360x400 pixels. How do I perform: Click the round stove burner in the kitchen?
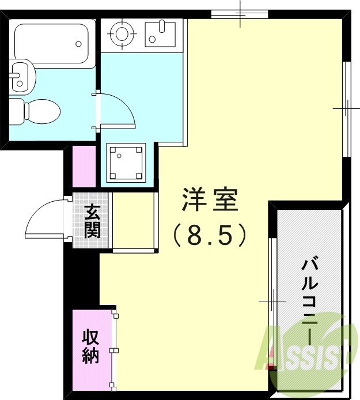(122, 32)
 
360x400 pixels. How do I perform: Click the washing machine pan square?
(126, 163)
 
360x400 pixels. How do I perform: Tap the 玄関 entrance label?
(92, 221)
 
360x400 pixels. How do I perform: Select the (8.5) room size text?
(209, 235)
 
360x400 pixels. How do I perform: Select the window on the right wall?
(347, 108)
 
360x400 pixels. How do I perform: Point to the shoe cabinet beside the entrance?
(134, 221)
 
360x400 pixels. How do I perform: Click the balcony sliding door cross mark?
(271, 301)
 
